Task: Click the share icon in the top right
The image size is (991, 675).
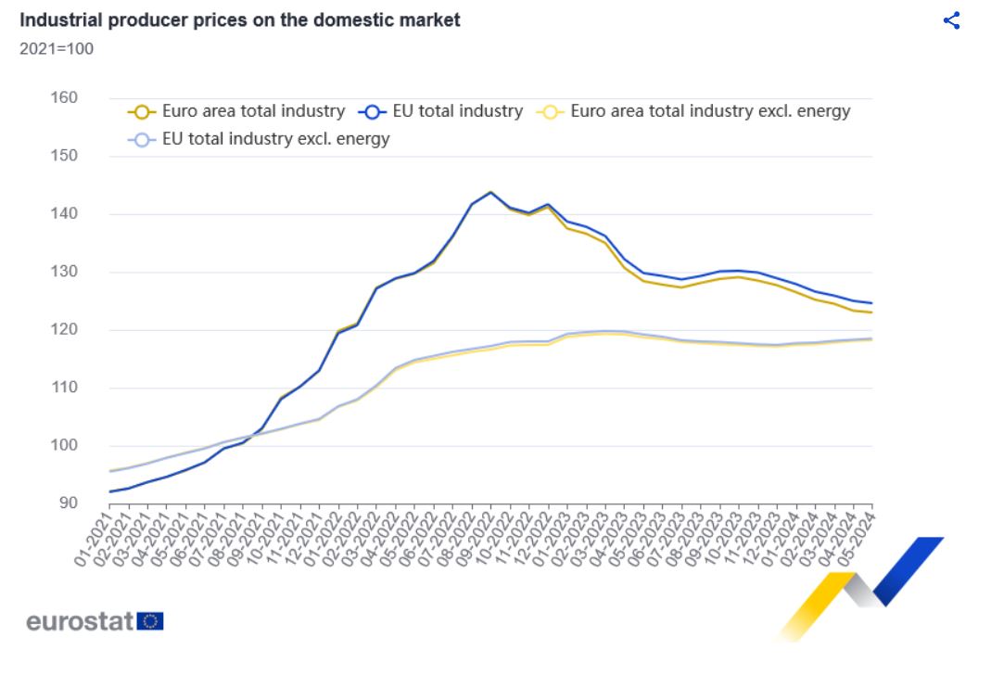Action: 951,20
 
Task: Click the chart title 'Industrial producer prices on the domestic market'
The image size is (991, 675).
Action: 239,19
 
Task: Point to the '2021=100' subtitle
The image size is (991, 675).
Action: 56,48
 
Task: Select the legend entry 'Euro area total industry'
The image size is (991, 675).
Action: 252,111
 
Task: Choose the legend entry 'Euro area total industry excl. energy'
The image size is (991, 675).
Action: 709,111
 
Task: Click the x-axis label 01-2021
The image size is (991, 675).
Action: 93,535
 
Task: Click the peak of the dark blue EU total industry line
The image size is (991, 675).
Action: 490,192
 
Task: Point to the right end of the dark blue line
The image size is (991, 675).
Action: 871,303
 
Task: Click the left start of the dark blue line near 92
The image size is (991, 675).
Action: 110,491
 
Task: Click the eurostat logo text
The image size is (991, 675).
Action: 80,621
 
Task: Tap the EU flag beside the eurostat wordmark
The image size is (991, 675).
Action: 150,621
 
